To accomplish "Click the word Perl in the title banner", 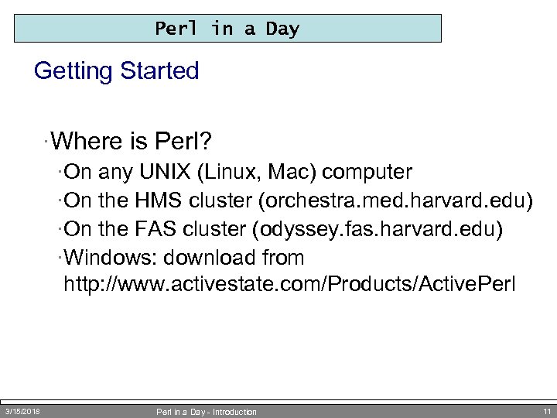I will point(176,29).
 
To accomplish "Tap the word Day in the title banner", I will point(282,29).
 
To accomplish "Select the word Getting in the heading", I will point(73,71).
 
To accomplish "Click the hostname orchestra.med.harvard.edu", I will point(397,200).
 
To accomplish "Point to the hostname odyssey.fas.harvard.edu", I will point(382,228).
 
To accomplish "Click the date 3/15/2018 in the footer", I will point(23,411).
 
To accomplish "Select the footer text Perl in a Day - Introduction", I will point(206,412).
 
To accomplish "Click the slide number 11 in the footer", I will point(547,411).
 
